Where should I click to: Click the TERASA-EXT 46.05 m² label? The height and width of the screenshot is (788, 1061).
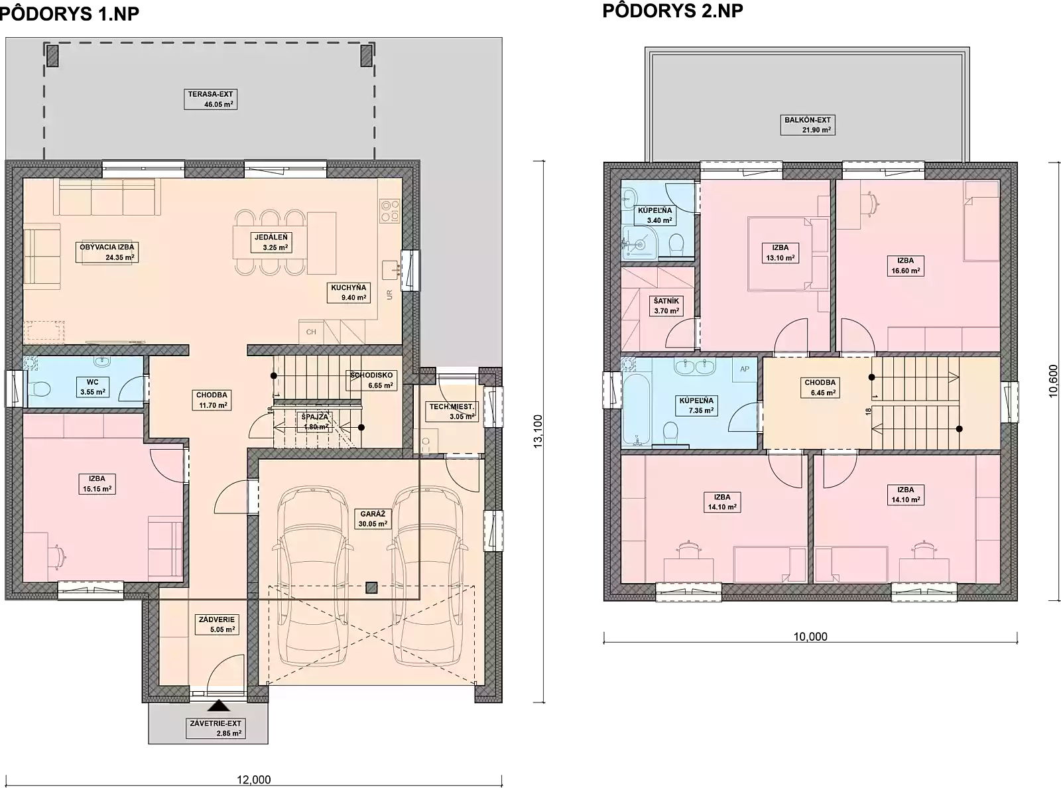[x=210, y=99]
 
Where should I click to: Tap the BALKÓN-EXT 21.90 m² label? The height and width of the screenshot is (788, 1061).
[x=807, y=125]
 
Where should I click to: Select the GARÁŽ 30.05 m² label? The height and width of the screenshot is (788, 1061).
[x=373, y=519]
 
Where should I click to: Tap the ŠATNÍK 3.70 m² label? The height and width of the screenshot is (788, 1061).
[x=665, y=306]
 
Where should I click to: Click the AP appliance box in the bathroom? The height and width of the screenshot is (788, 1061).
[x=745, y=369]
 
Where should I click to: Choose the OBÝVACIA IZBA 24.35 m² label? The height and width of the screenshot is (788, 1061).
[x=107, y=252]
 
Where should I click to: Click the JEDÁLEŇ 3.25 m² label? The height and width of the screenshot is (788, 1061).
[x=270, y=243]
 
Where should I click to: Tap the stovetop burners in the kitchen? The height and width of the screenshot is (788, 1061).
[x=390, y=212]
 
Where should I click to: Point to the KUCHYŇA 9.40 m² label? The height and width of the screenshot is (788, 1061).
[x=349, y=293]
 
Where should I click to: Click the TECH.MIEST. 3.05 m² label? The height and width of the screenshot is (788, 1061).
[x=452, y=411]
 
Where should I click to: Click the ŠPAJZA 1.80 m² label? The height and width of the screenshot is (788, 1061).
[x=314, y=422]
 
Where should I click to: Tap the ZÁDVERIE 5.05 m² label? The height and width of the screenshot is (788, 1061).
[x=217, y=624]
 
